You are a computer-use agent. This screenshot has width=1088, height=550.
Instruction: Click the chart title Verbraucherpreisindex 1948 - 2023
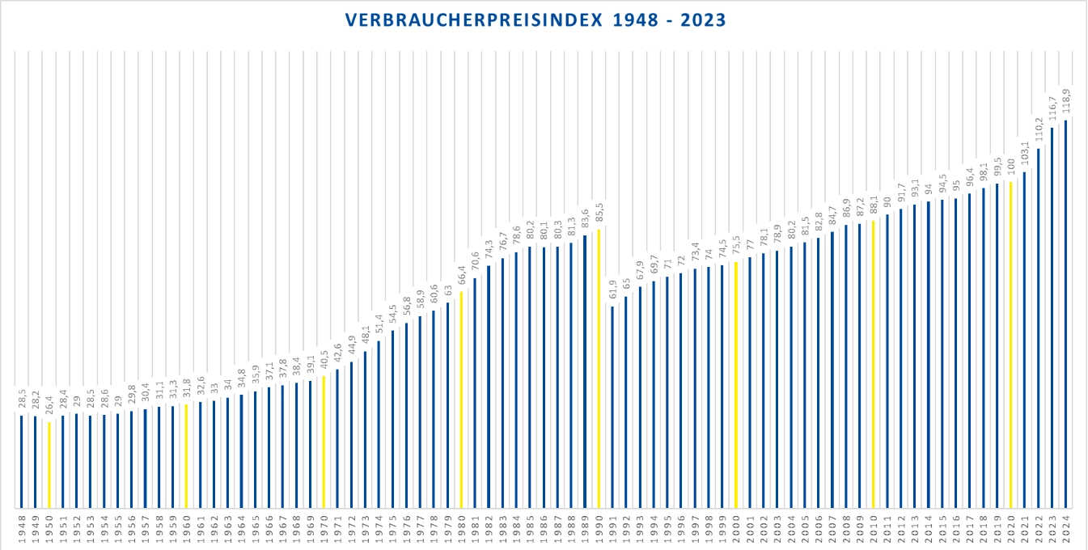[x=536, y=20]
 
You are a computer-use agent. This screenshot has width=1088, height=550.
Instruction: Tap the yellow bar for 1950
[x=49, y=465]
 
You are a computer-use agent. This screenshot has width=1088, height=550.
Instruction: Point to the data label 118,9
[x=1066, y=103]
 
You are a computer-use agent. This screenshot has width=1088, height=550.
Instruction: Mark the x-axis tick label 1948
[x=22, y=529]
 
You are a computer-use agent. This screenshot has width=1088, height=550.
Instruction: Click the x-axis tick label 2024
[x=1066, y=529]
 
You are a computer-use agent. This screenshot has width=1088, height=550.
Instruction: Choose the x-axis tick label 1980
[x=461, y=529]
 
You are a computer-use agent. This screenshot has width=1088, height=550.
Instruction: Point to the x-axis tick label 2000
[x=736, y=529]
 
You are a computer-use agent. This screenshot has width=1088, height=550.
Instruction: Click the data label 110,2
[x=1039, y=130]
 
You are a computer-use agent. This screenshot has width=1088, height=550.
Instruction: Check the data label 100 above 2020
[x=1011, y=167]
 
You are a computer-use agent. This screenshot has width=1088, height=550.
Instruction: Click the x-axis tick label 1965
[x=255, y=529]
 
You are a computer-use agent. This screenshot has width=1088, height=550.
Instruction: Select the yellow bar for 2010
[x=874, y=364]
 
